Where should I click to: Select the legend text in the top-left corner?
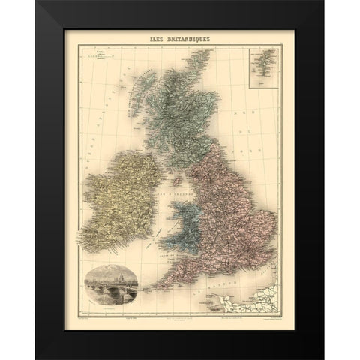[96, 54]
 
